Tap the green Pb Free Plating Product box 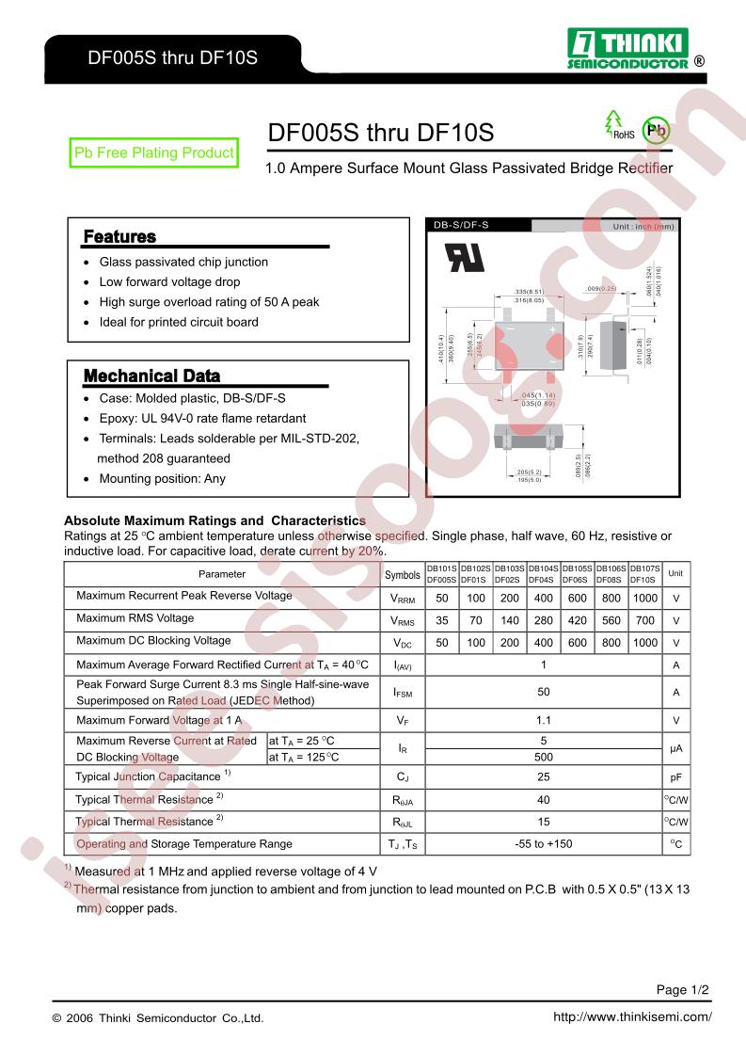click(x=153, y=152)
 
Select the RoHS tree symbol click(x=616, y=124)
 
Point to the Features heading click(x=119, y=236)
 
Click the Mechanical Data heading click(x=151, y=376)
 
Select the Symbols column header click(x=404, y=574)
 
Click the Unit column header click(x=675, y=573)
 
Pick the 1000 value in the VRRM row click(x=645, y=598)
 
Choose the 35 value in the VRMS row click(x=442, y=620)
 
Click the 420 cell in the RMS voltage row click(x=578, y=620)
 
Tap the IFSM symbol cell click(x=404, y=693)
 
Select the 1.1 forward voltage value click(x=544, y=720)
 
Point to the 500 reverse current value click(x=544, y=757)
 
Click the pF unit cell click(x=675, y=777)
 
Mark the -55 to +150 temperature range click(x=544, y=844)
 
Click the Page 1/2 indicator click(x=682, y=989)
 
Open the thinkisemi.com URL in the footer click(x=632, y=1017)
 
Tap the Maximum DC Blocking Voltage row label click(x=153, y=641)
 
